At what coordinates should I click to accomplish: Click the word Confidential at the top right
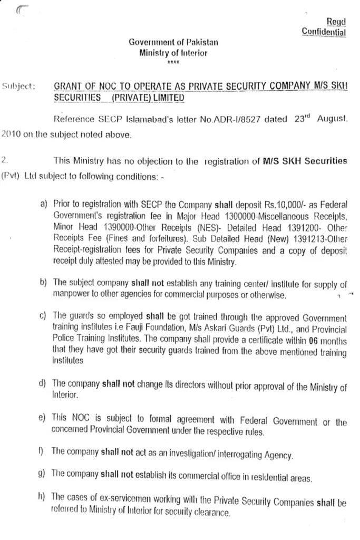(324, 32)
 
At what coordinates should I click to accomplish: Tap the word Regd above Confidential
(336, 21)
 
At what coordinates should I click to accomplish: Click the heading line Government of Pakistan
(173, 42)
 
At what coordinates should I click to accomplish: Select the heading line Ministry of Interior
(173, 53)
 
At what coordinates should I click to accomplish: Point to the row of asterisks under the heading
(173, 63)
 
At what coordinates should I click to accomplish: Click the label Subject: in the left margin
(18, 85)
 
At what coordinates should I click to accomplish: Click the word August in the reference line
(332, 119)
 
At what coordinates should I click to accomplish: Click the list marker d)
(43, 383)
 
